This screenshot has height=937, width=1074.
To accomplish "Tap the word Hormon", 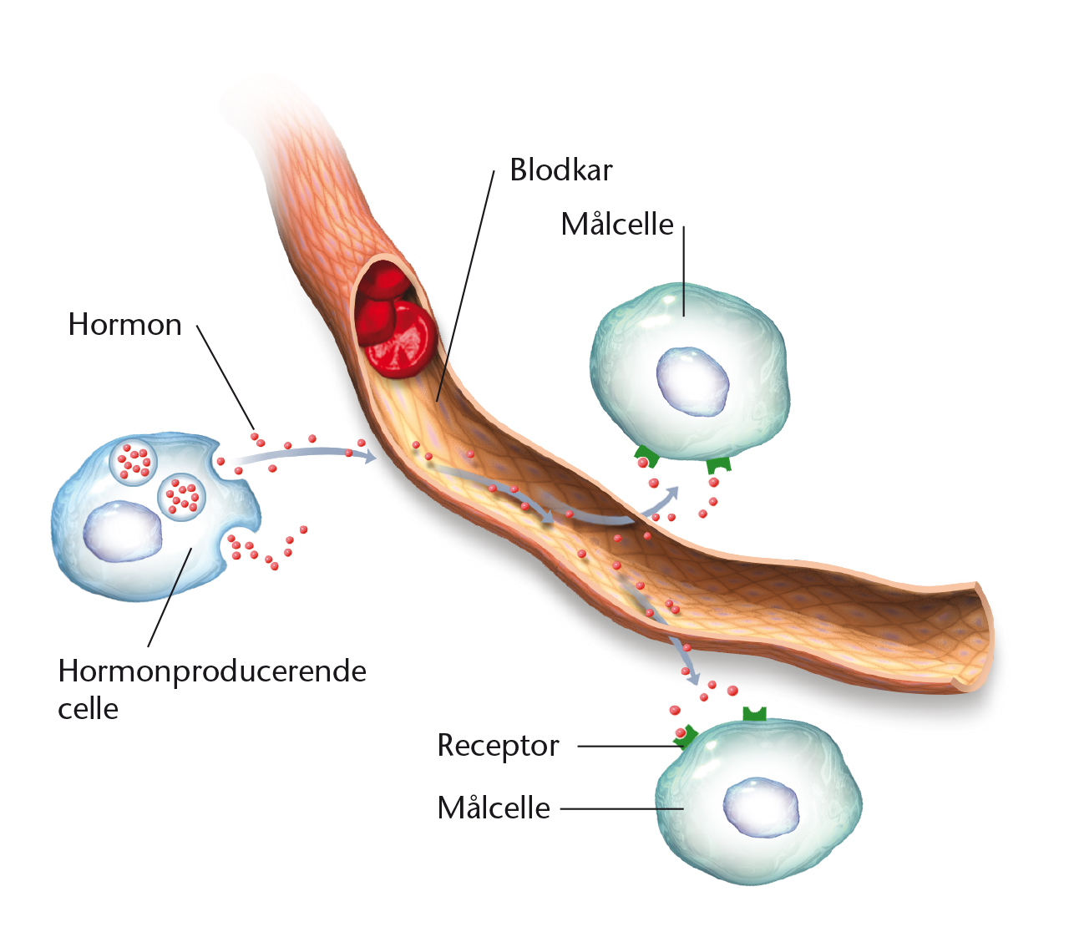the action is point(125,324).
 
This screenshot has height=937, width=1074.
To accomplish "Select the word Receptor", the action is point(498,746).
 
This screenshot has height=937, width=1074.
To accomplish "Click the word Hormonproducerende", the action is point(212,671).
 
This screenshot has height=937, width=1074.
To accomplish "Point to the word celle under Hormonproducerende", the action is point(89,709).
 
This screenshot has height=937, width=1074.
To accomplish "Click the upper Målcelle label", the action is point(617,224).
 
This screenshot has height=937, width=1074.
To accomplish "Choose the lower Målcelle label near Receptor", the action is point(494,808).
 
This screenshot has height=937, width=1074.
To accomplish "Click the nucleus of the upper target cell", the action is point(692,381).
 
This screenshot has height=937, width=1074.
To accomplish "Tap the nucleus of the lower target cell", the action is point(761,808).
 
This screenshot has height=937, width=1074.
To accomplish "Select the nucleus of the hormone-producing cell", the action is point(122,531).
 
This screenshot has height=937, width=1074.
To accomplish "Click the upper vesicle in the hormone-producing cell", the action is point(134,463).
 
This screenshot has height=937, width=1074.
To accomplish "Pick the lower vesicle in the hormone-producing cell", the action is point(181,497).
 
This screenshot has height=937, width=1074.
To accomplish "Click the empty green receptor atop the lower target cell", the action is point(754,714).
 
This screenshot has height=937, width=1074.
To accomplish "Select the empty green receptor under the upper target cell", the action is point(718,464).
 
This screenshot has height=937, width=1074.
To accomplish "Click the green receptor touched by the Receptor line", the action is point(686,737).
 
